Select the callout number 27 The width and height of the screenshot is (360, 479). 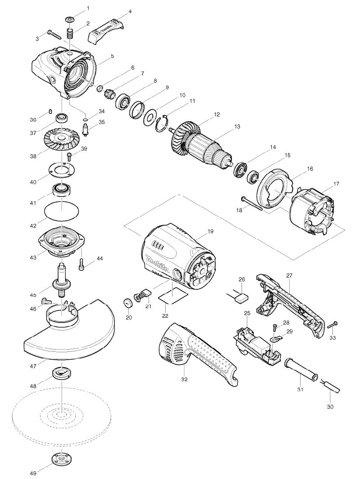[289, 275]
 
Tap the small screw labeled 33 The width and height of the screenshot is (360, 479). [332, 324]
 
